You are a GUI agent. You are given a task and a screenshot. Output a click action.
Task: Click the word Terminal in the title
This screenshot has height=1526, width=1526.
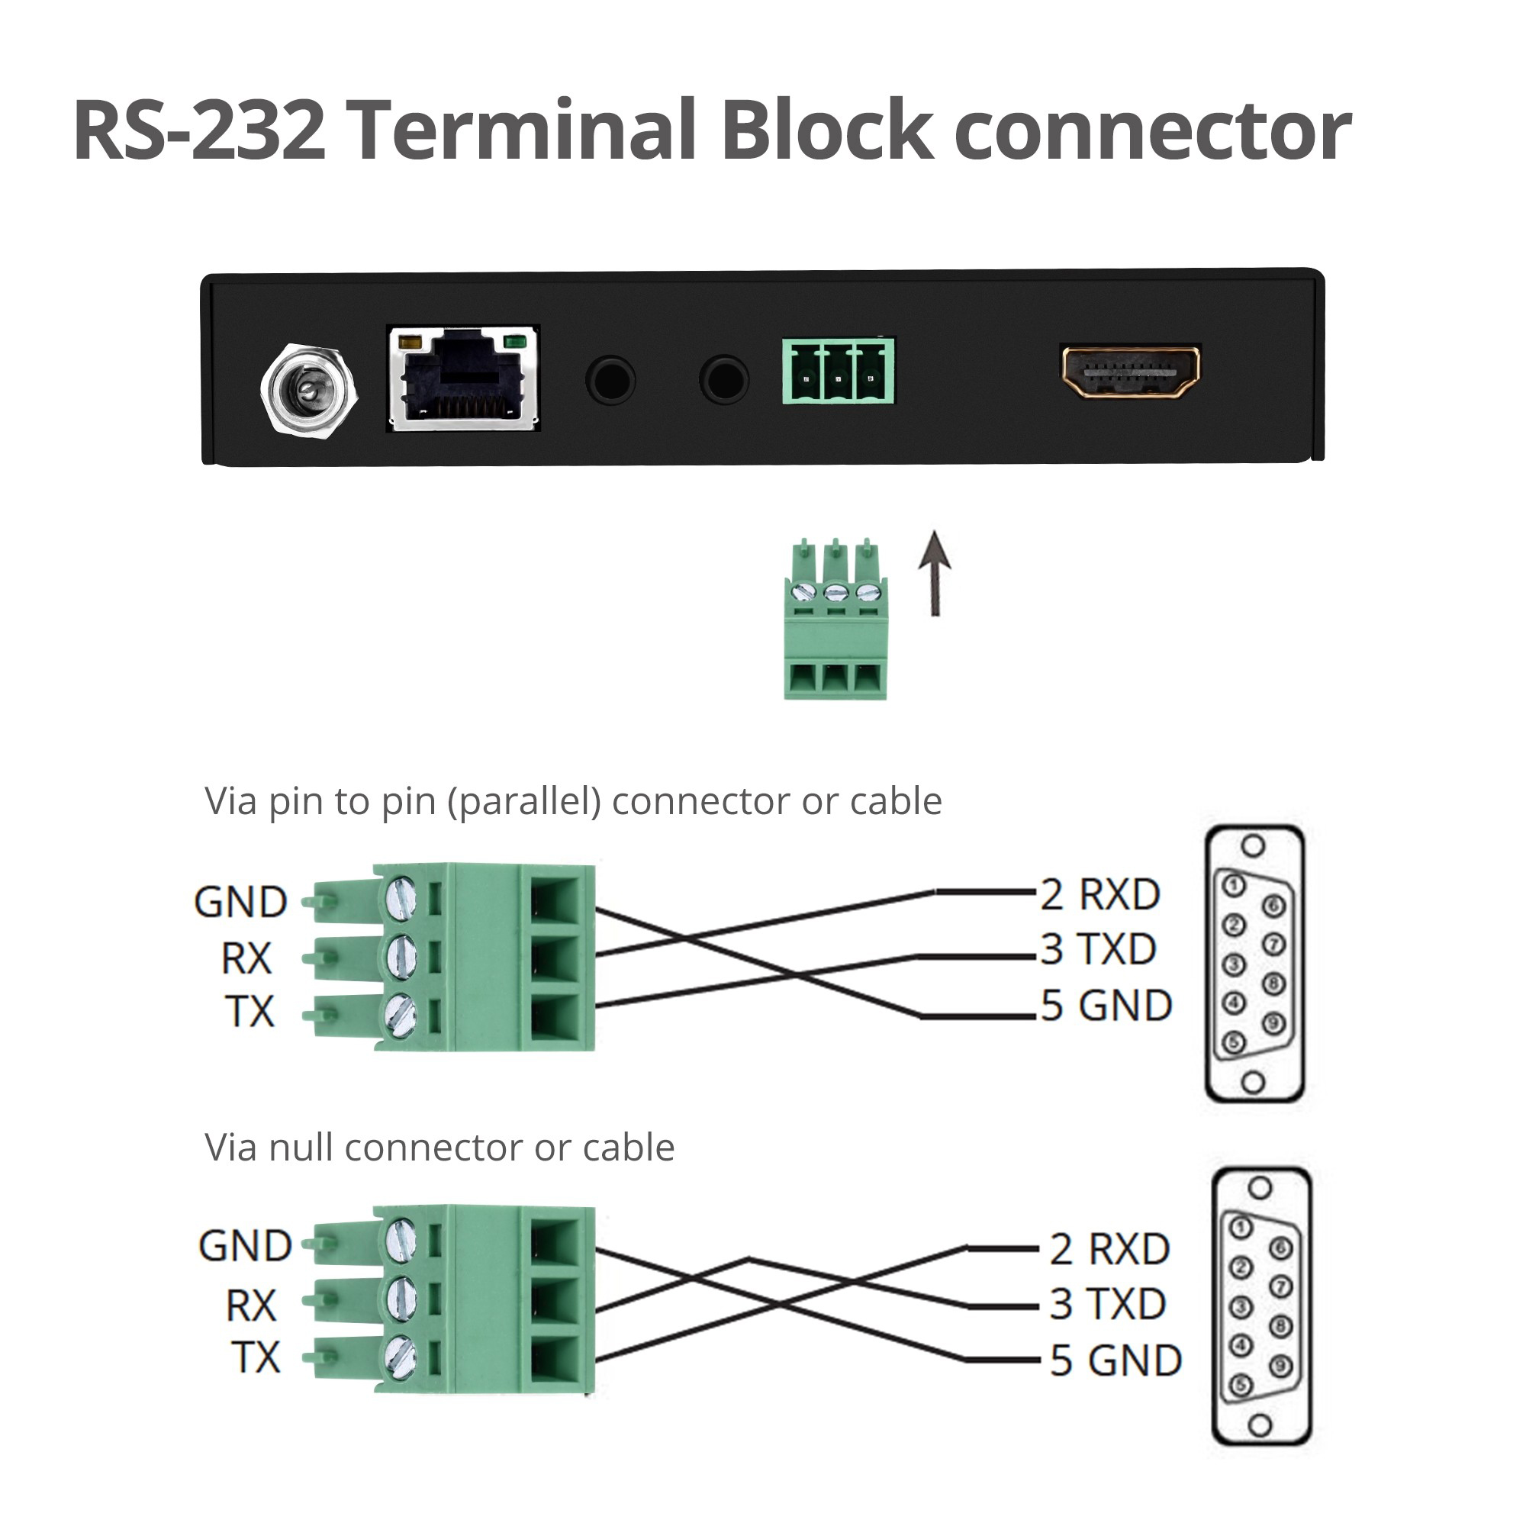coord(524,130)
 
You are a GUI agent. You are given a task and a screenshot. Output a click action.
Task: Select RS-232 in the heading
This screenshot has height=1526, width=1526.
coord(200,131)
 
